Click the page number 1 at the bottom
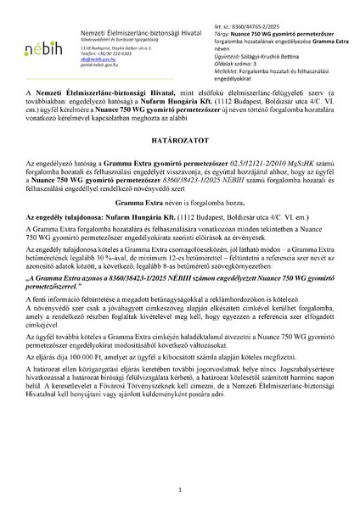180,489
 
